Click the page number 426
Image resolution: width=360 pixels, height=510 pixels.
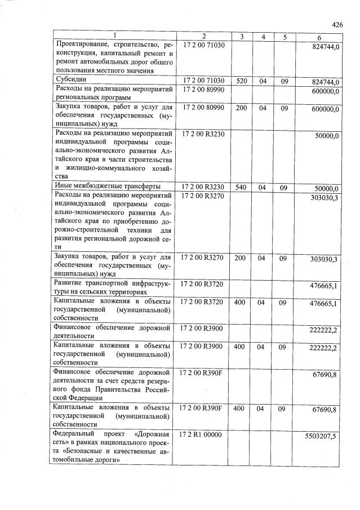337,24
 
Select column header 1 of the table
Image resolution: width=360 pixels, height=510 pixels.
115,37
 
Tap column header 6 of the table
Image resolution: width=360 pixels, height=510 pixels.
319,37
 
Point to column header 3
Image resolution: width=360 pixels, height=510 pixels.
241,37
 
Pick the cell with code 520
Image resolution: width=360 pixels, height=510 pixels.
241,81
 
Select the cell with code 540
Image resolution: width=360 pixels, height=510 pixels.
241,187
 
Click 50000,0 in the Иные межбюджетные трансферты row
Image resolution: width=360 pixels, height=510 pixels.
327,188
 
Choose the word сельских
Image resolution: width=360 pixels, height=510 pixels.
100,292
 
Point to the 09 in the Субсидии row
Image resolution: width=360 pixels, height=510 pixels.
285,81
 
